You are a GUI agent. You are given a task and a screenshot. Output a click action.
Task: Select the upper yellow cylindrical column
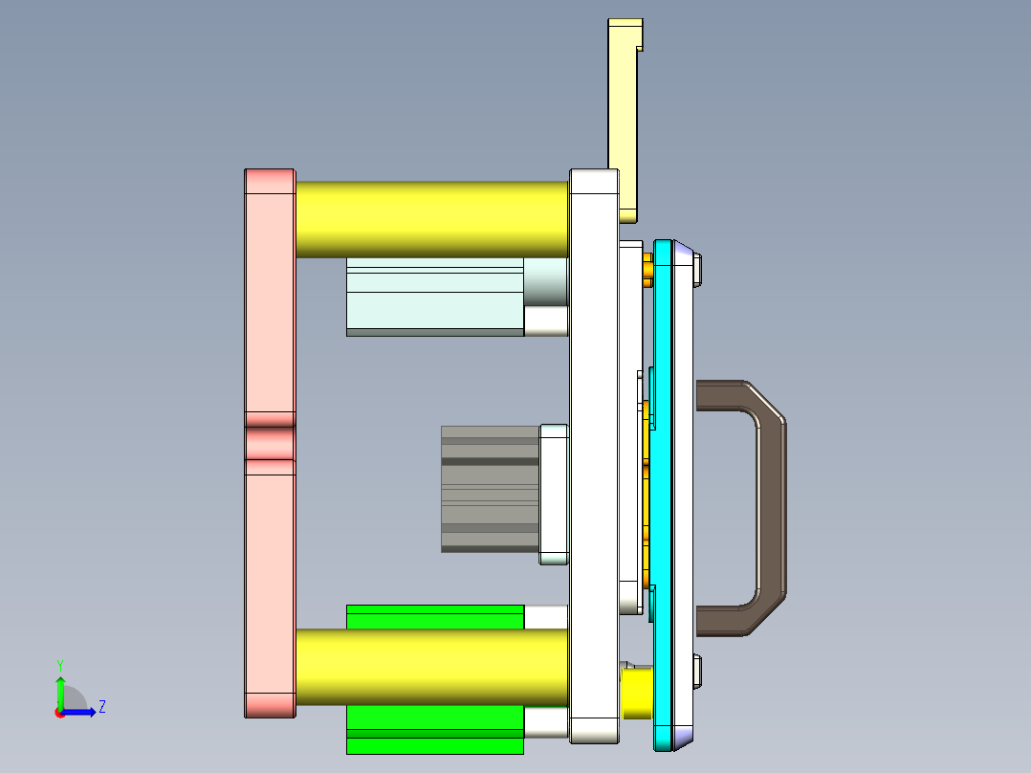430,219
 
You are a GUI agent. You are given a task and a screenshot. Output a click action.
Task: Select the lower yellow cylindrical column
430,667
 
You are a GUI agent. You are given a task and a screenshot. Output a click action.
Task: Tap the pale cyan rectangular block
434,296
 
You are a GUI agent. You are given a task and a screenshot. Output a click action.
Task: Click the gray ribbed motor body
489,489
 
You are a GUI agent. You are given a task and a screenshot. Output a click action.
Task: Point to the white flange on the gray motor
554,494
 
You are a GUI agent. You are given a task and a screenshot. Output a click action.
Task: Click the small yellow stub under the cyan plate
637,693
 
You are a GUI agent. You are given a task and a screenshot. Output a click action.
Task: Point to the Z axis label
101,707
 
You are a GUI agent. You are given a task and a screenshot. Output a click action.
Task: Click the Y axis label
59,664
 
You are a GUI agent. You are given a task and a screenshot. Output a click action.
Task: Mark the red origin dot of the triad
59,713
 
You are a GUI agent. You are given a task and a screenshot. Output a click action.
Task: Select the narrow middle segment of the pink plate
269,443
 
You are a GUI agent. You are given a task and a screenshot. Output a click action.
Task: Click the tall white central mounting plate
593,459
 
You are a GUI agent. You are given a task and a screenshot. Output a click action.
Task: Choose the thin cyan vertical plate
663,497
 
